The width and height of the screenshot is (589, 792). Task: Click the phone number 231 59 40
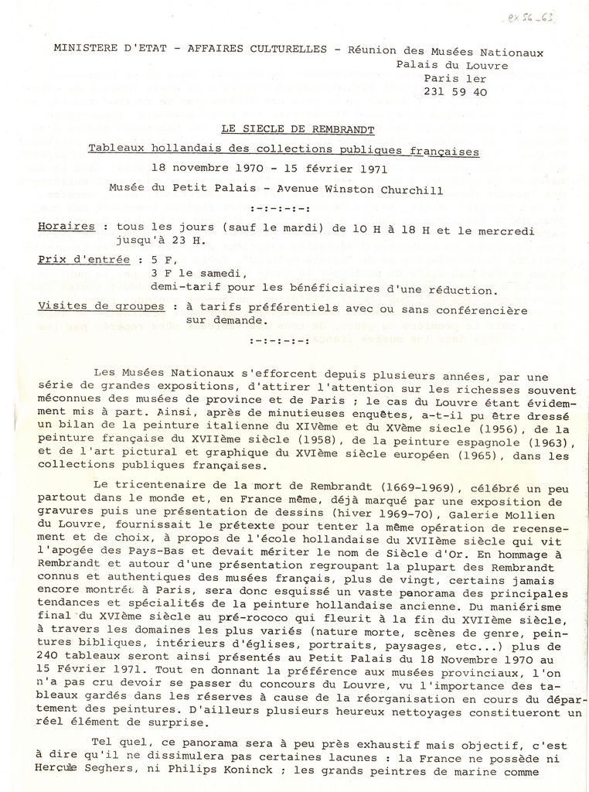455,91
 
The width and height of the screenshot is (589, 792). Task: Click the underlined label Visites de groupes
101,307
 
